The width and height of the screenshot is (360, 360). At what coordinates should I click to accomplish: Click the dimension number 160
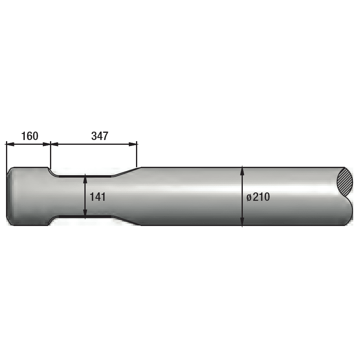(x=30, y=136)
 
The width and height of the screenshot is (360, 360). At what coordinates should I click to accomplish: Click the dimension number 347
(x=100, y=136)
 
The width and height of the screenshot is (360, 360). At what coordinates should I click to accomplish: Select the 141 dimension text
(x=97, y=197)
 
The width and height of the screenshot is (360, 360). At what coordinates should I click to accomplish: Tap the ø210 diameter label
(x=258, y=197)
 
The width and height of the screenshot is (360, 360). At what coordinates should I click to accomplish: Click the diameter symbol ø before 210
(x=249, y=198)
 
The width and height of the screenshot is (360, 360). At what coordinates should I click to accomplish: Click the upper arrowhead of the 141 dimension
(x=85, y=178)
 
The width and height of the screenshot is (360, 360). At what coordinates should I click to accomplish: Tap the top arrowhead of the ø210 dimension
(x=242, y=170)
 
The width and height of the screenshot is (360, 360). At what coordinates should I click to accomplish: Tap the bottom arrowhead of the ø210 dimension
(x=242, y=222)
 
